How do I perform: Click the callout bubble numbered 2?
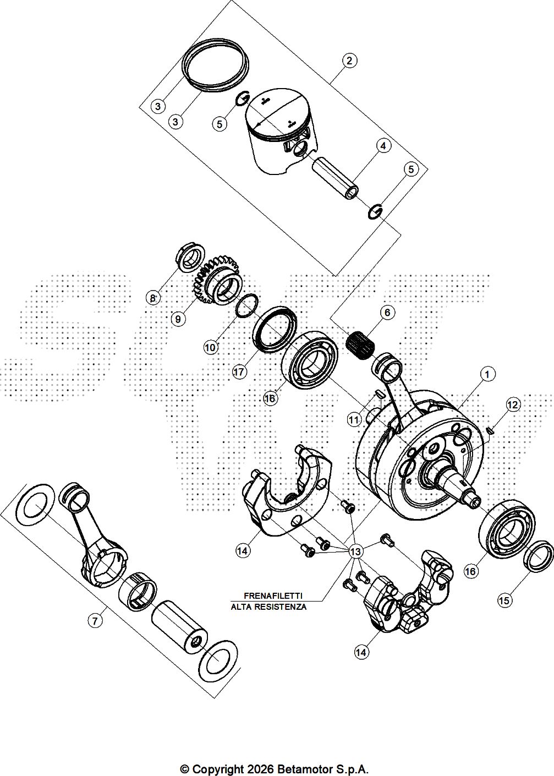coord(350,60)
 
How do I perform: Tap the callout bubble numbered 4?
coord(383,145)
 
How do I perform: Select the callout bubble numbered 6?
coord(387,312)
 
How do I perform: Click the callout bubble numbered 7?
coord(95,621)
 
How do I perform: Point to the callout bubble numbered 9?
coord(177,318)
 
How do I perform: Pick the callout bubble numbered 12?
coord(513,405)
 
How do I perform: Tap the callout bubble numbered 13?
coord(355,551)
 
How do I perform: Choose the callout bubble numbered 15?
coord(504,600)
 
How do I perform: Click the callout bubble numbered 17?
coord(239,372)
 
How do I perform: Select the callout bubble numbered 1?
coord(486,374)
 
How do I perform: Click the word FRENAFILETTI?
coord(273,595)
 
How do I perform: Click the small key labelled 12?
coord(490,431)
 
